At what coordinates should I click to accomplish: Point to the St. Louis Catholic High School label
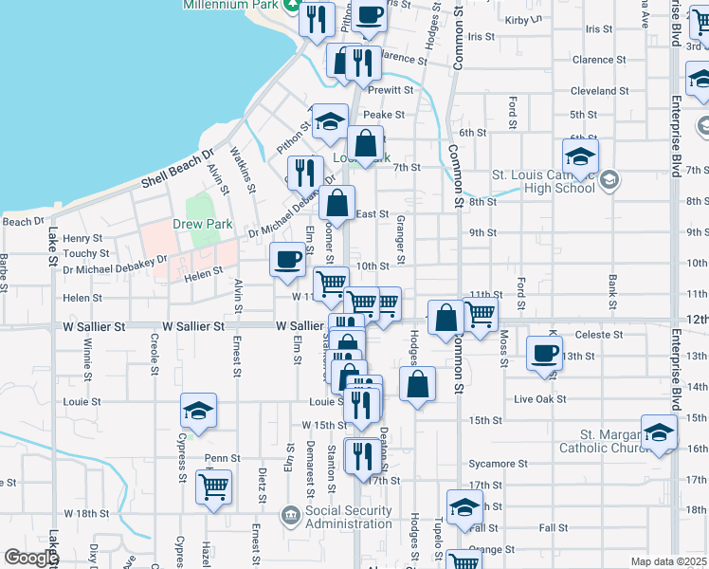coord(543,180)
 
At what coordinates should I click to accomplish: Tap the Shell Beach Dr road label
coord(178,168)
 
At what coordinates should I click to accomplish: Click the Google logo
coord(31,558)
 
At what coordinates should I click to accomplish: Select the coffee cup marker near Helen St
coord(287,260)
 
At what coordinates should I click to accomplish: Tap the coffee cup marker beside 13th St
coord(544,355)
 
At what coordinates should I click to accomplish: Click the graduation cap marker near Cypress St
coord(199,411)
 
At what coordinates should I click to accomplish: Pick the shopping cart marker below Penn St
coord(213,487)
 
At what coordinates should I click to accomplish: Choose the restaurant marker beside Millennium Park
coord(317,19)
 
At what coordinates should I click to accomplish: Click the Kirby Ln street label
coord(524,19)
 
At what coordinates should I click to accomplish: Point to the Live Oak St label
coord(540,399)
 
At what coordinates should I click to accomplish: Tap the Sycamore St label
coord(498,464)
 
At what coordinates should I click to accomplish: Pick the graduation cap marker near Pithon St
coord(330,120)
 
